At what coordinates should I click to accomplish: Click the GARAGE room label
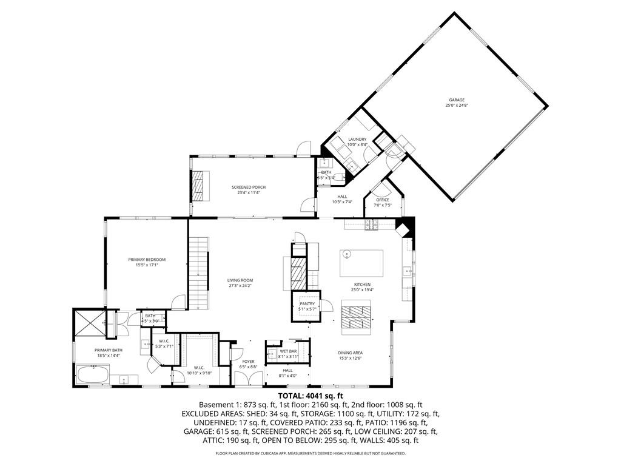(x=457, y=100)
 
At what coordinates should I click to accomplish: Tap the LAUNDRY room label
(x=357, y=140)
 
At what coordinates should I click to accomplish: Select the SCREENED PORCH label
(x=249, y=187)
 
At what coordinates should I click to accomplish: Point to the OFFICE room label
(x=382, y=200)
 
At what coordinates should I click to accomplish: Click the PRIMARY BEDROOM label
(x=147, y=260)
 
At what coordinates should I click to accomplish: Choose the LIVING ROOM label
(x=240, y=280)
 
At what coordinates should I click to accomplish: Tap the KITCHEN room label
(x=363, y=285)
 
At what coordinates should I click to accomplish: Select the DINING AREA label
(x=350, y=353)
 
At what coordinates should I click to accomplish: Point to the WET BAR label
(x=288, y=351)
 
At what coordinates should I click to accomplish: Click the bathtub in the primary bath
(x=92, y=374)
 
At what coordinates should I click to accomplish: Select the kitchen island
(x=361, y=263)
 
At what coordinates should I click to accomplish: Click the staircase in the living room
(x=198, y=273)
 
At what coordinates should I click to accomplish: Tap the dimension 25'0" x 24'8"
(x=457, y=106)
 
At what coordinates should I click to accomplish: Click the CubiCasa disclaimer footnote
(x=310, y=453)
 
